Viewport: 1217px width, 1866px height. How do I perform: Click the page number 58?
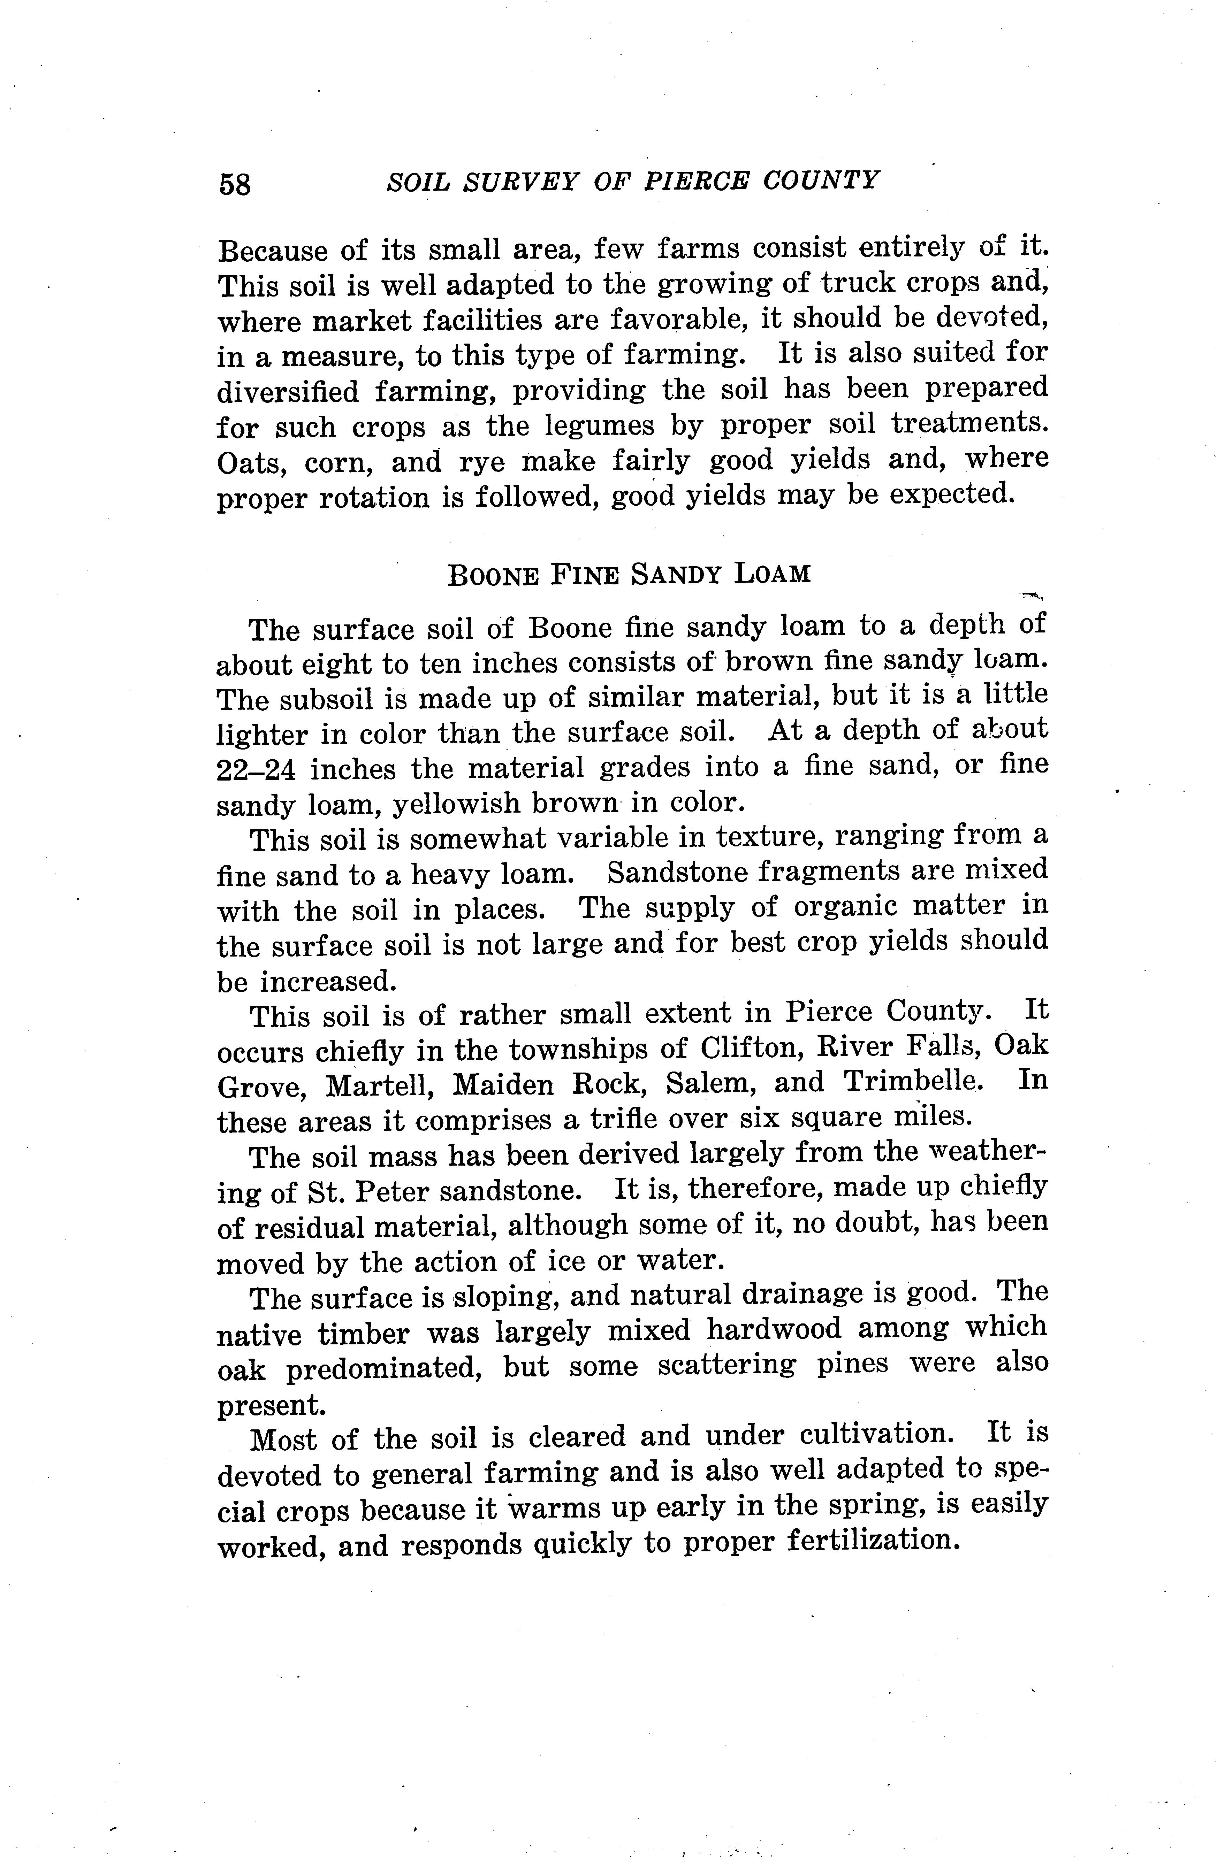point(235,185)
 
